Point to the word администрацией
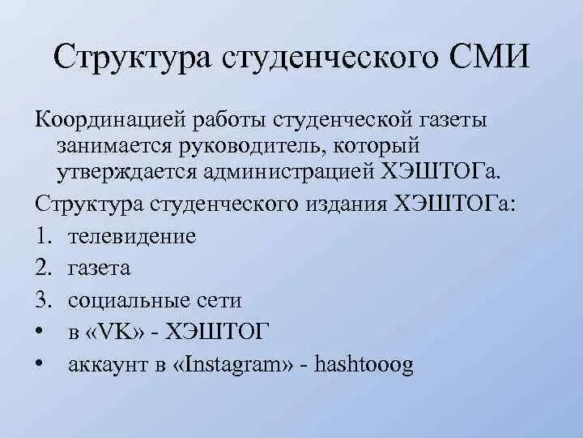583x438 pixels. pos(317,173)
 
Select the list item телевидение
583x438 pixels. pos(132,237)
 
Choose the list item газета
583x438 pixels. pos(100,268)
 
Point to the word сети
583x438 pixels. pos(218,300)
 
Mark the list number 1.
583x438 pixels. pos(41,237)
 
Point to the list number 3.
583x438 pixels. pos(41,300)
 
